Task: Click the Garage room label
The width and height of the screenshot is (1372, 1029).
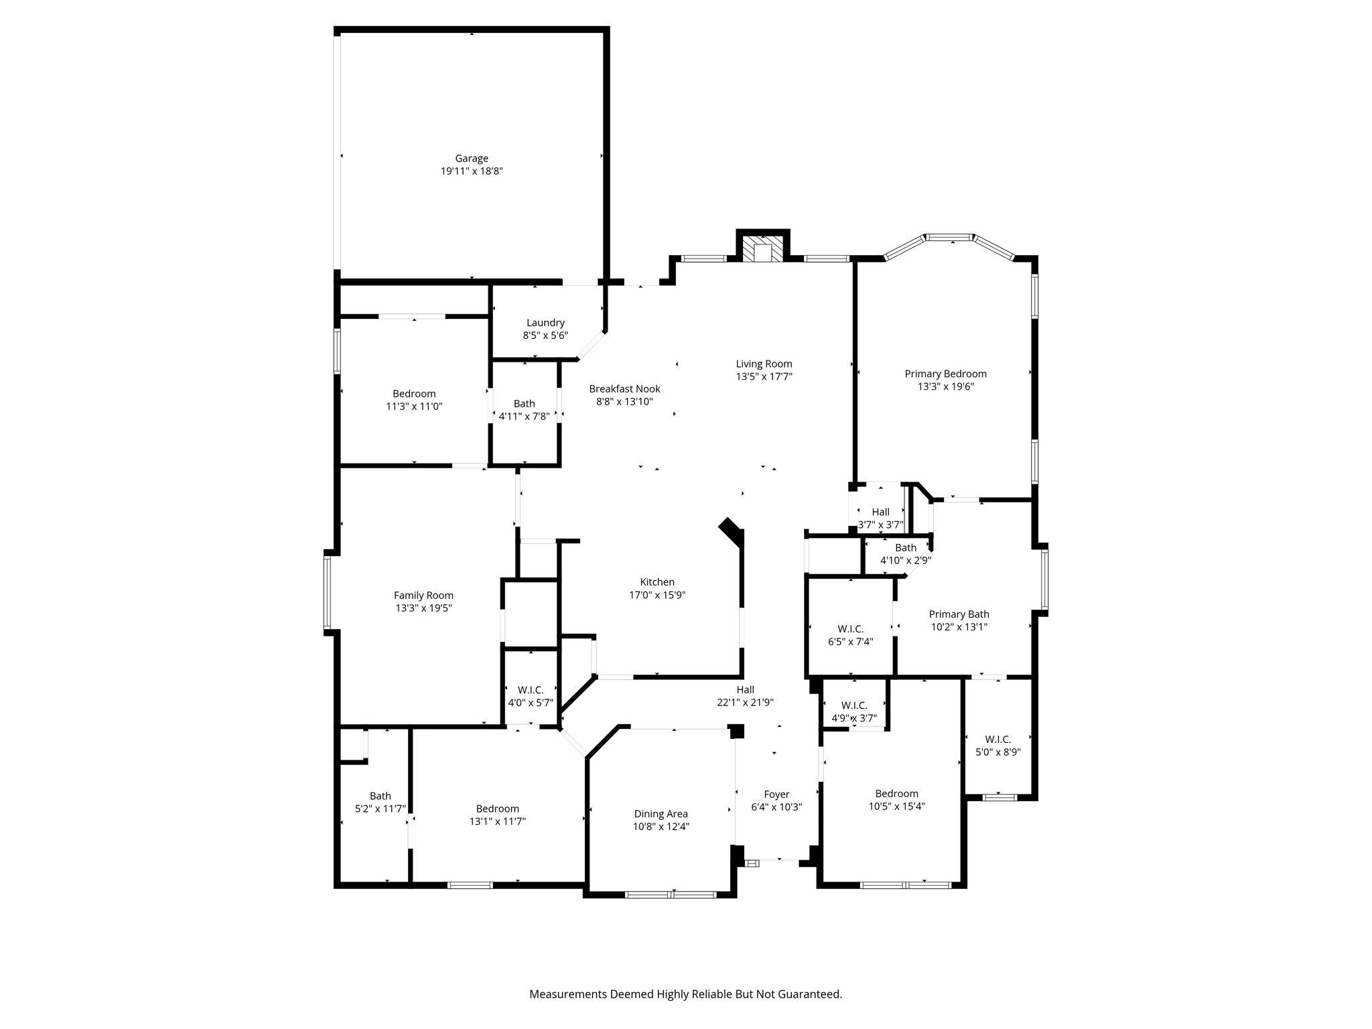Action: point(472,159)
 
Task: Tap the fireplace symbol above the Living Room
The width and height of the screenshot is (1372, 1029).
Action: point(763,247)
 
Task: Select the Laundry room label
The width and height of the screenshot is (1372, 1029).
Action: point(545,323)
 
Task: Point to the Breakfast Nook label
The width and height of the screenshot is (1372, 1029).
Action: point(624,389)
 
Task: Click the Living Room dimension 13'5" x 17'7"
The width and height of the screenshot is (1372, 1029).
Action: point(764,376)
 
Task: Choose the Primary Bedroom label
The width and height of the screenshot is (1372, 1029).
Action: point(945,374)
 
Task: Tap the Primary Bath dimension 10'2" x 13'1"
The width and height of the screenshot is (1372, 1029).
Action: point(959,627)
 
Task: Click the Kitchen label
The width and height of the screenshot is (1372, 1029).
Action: point(657,582)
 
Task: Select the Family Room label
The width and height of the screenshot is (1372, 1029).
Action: point(423,596)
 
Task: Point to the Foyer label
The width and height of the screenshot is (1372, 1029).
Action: point(776,795)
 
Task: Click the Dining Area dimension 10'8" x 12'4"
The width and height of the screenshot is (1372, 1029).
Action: point(661,827)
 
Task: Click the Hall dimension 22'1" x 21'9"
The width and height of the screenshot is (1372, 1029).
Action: point(746,703)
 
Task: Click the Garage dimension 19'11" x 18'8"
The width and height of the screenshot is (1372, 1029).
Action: point(472,171)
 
